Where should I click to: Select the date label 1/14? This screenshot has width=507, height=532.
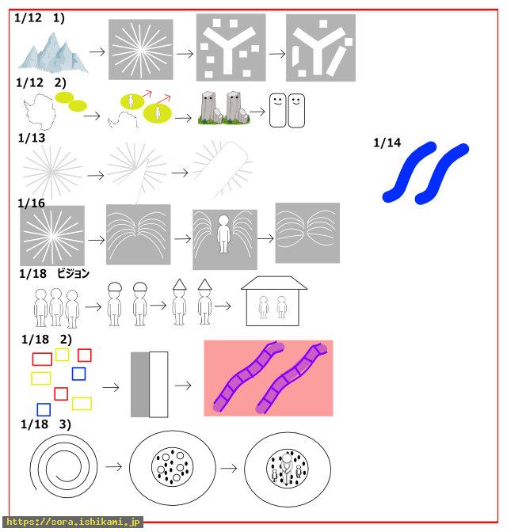(x=387, y=142)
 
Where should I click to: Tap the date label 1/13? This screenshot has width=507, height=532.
(x=32, y=138)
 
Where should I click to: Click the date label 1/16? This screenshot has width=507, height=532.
(x=31, y=203)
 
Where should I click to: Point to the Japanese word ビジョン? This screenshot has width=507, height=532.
(x=73, y=273)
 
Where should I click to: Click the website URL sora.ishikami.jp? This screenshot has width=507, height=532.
(x=73, y=522)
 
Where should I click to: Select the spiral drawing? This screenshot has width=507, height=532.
(x=63, y=467)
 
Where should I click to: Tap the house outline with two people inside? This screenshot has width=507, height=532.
(x=274, y=301)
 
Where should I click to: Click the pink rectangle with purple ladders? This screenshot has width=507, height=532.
(x=269, y=378)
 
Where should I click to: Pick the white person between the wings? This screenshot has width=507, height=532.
(x=223, y=234)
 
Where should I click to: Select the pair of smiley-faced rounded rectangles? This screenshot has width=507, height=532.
(x=287, y=110)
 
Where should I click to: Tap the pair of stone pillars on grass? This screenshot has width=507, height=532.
(x=223, y=108)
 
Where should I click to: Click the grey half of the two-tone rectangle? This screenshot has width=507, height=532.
(x=140, y=385)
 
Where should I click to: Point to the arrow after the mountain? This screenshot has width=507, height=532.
(x=97, y=52)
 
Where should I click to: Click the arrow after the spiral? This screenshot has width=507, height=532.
(x=114, y=467)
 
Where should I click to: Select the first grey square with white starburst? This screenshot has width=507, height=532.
(x=140, y=50)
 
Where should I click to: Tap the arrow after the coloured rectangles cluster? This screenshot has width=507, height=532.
(x=111, y=387)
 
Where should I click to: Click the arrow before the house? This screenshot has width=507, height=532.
(x=223, y=306)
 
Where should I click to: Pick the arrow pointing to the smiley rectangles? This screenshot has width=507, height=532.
(x=257, y=112)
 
